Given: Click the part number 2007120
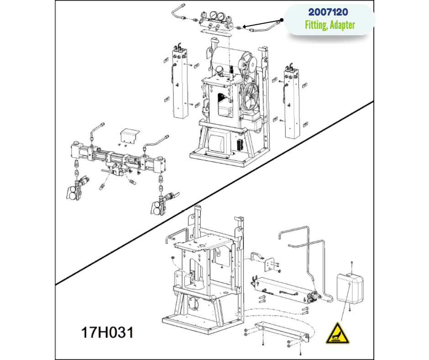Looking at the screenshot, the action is pos(328,12).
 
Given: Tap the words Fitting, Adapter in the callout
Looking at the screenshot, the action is pos(330,25).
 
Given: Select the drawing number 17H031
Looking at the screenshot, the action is pos(107,332).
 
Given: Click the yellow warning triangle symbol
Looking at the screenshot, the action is pos(338,334).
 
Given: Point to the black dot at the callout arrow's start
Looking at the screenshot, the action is pos(282,20).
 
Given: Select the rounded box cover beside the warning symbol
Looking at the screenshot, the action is pos(350,288).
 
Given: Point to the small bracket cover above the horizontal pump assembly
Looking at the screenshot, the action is pos(130,135).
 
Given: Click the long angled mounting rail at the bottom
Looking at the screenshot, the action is pos(282,332).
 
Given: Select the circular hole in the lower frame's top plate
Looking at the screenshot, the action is pos(202,246).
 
